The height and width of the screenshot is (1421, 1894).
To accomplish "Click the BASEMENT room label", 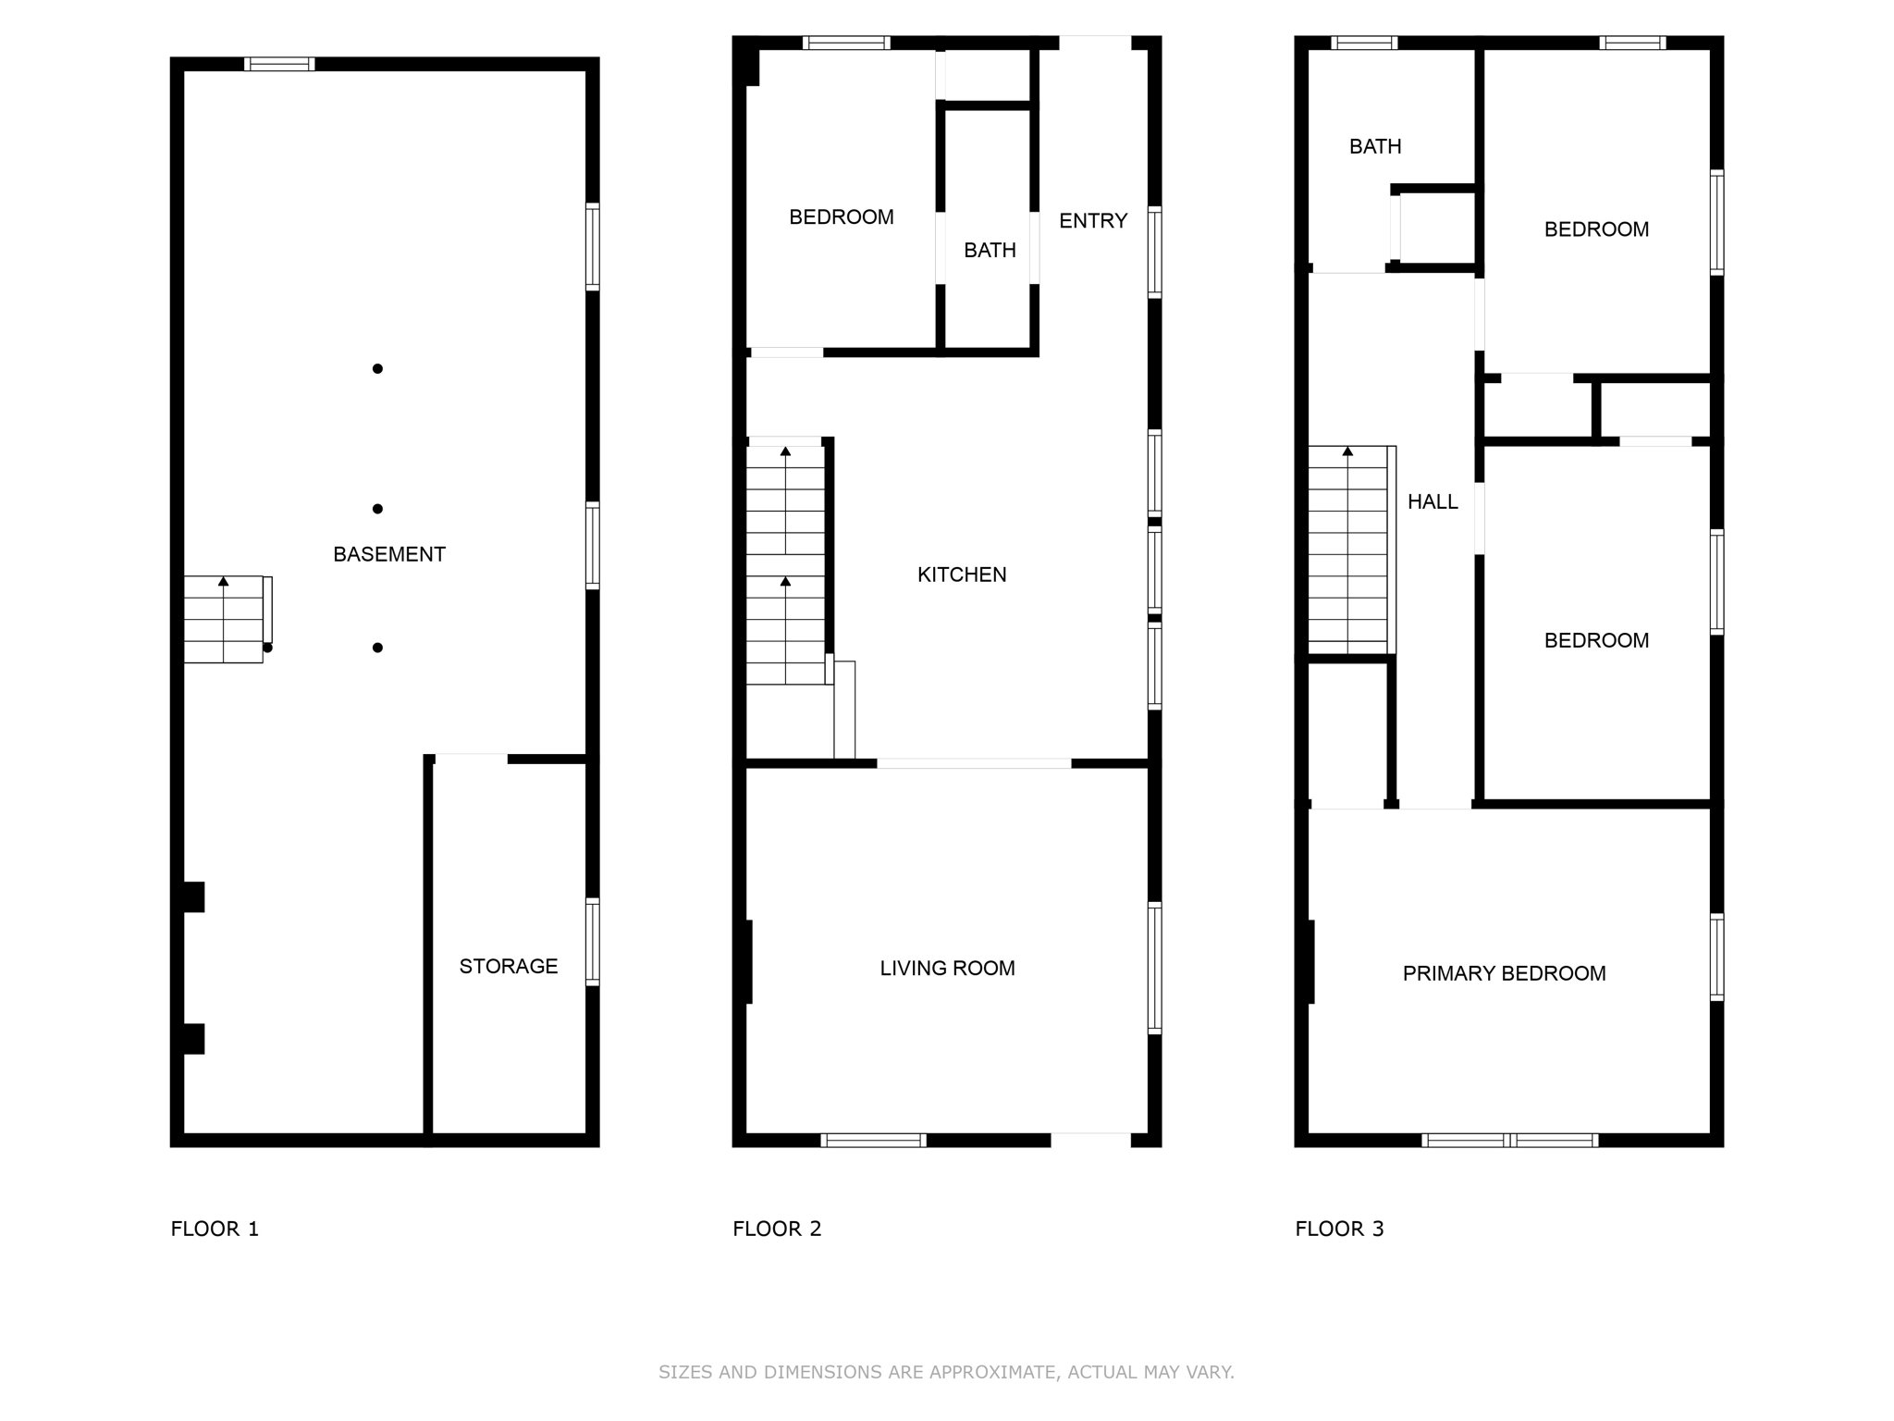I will [389, 554].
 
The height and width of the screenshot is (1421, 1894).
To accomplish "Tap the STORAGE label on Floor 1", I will [509, 966].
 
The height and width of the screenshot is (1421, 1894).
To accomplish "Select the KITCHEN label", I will [962, 575].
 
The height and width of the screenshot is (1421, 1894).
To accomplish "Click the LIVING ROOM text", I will [947, 968].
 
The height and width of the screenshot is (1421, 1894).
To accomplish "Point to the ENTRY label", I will [1093, 220].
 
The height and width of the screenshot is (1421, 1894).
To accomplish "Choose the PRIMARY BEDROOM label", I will [1504, 973].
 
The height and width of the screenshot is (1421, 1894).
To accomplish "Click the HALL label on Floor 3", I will [1433, 501].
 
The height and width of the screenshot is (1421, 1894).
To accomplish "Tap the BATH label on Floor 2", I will [990, 250].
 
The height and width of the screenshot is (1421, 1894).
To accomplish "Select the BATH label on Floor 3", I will [1375, 146].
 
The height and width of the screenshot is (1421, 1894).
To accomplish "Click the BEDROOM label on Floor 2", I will [841, 216].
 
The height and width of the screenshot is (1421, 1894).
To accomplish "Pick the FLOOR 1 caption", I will [215, 1229].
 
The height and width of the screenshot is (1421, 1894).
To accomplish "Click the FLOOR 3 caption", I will [1339, 1229].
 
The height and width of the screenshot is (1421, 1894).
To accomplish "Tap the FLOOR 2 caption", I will [777, 1229].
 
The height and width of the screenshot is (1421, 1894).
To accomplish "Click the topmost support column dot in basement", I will [377, 369].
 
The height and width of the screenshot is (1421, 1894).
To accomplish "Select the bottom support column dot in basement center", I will [377, 648].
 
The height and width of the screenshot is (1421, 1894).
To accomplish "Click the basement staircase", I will [224, 619].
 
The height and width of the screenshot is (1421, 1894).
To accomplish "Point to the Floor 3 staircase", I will [1348, 550].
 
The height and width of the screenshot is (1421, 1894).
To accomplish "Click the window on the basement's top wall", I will [279, 64].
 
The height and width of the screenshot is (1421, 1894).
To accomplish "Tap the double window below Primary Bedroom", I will [1509, 1140].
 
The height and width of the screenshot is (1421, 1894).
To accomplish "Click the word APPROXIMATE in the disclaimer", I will [991, 1372].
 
